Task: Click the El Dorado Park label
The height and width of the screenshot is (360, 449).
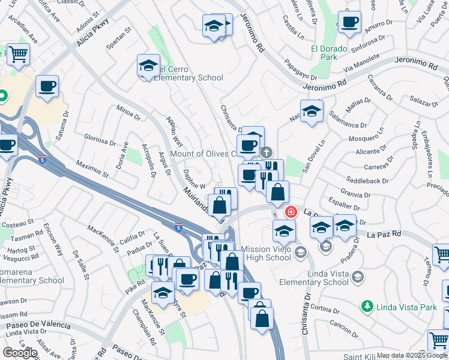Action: point(329,53)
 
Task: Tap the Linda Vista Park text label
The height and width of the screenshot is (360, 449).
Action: point(406,307)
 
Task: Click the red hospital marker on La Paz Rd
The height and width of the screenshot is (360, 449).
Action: point(291,212)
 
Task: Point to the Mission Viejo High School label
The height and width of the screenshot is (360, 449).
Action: point(266,253)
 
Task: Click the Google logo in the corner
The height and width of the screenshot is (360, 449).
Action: point(20,353)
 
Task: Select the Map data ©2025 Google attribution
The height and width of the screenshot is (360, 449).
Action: point(412,355)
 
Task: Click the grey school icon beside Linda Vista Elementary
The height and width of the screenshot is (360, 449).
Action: point(358,276)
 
